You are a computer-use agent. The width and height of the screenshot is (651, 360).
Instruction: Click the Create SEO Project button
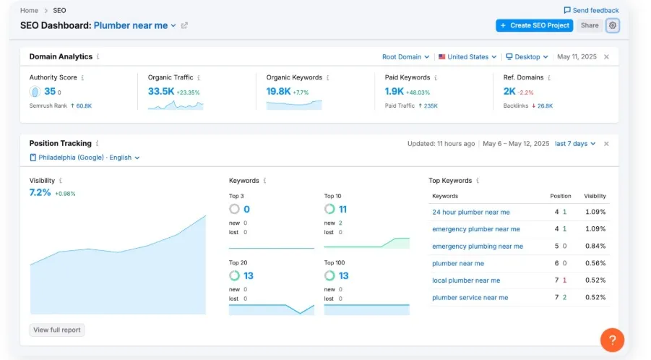tap(534, 25)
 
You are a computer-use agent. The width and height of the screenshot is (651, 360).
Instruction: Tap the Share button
tap(590, 25)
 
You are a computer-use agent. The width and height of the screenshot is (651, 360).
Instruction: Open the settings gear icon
tap(613, 25)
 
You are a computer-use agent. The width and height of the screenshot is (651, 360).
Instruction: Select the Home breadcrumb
tap(29, 10)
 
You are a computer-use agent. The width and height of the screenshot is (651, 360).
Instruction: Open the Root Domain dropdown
tap(405, 56)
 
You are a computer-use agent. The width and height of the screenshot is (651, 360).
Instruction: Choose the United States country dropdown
tap(467, 56)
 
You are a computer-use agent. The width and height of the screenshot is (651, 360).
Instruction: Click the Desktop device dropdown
tap(527, 56)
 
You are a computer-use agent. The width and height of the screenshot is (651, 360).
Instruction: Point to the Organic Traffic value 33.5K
tap(160, 92)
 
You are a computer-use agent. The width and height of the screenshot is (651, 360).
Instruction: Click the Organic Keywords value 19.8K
tap(278, 92)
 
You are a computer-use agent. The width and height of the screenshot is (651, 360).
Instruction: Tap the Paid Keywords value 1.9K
tap(395, 92)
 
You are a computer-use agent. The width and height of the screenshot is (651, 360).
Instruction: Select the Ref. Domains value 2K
tap(509, 92)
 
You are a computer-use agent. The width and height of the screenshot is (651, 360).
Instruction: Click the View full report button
tap(57, 330)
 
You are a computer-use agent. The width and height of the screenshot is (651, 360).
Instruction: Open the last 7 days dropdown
tap(575, 143)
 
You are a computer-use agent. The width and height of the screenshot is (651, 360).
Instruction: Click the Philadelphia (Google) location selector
tap(85, 157)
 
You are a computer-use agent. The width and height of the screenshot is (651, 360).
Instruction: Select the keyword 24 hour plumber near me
tap(470, 212)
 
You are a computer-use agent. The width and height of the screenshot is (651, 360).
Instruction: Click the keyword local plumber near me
tap(466, 280)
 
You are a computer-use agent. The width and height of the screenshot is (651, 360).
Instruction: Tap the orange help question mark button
tap(612, 339)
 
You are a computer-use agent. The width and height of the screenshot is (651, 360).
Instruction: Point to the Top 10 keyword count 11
tap(342, 210)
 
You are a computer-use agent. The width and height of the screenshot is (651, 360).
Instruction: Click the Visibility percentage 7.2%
tap(40, 193)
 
